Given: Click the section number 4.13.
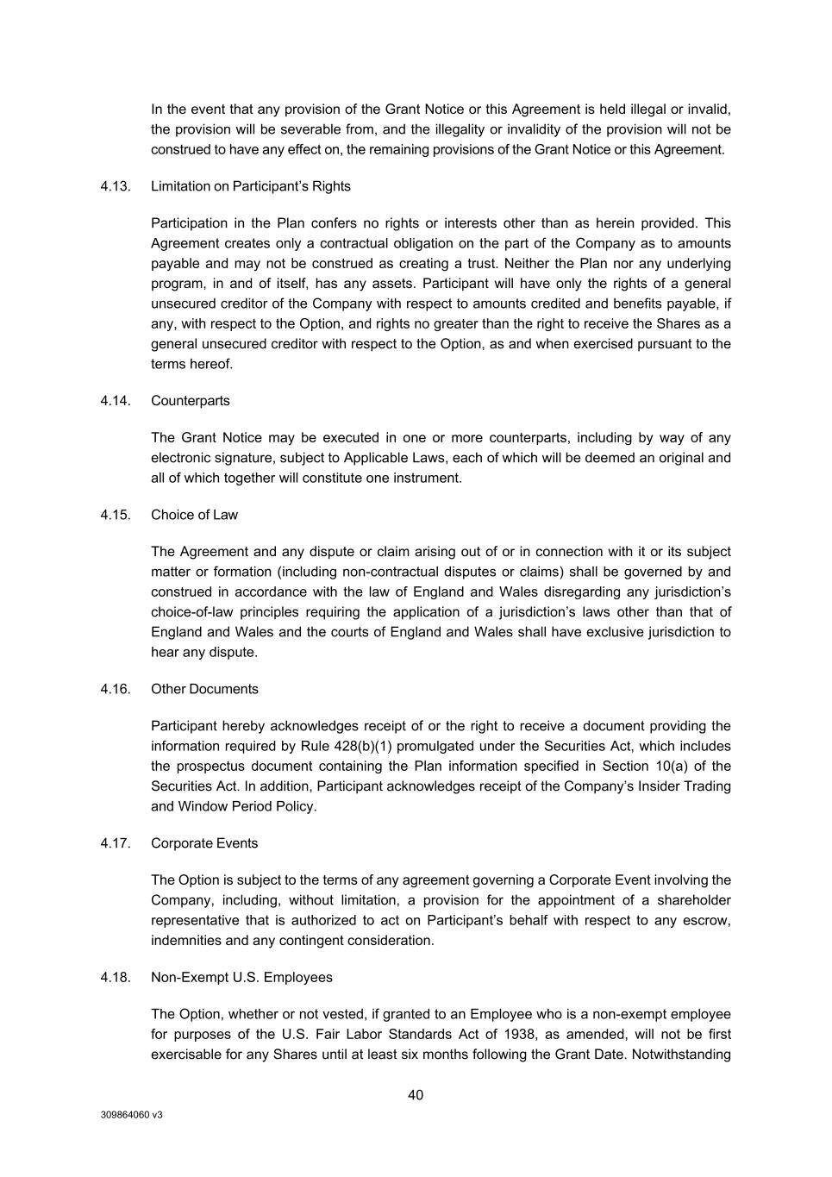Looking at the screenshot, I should pyautogui.click(x=116, y=186).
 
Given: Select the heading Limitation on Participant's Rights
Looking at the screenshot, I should pyautogui.click(x=250, y=186).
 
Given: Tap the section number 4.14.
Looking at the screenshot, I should pyautogui.click(x=116, y=401).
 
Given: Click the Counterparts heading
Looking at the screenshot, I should pyautogui.click(x=190, y=401).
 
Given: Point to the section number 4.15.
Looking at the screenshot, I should pyautogui.click(x=116, y=515).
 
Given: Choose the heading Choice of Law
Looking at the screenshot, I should pyautogui.click(x=194, y=515).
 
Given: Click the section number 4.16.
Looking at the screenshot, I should pyautogui.click(x=116, y=689).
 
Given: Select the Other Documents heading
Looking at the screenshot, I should pyautogui.click(x=204, y=689).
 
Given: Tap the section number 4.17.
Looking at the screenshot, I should pyautogui.click(x=116, y=843).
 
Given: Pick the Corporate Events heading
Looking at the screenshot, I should pyautogui.click(x=204, y=843).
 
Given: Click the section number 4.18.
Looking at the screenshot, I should pyautogui.click(x=116, y=977).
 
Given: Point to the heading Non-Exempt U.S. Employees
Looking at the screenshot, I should pyautogui.click(x=241, y=977).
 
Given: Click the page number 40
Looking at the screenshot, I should pyautogui.click(x=416, y=1095).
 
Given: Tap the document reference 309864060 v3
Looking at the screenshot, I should pyautogui.click(x=131, y=1115).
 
